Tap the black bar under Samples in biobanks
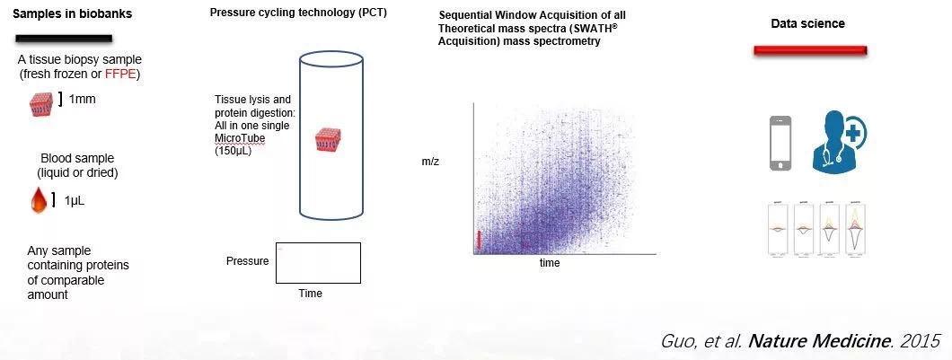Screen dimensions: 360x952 (63, 39)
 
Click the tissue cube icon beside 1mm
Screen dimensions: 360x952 (40, 104)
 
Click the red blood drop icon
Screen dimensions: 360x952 (39, 200)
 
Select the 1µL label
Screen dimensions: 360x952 (77, 200)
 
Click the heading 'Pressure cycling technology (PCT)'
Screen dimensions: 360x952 (298, 13)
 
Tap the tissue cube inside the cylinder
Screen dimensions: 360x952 (326, 141)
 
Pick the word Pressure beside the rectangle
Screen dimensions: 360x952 (247, 261)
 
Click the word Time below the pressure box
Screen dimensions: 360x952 (310, 294)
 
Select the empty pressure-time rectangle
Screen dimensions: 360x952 (318, 262)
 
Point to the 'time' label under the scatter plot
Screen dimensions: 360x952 (550, 263)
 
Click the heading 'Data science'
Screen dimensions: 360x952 (807, 23)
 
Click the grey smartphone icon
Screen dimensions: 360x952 (781, 143)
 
